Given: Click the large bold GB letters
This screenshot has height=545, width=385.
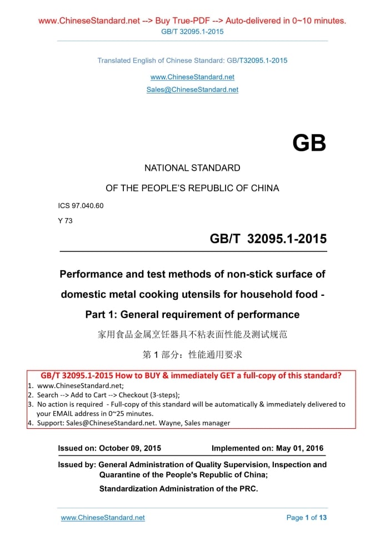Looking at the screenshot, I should tap(309, 143).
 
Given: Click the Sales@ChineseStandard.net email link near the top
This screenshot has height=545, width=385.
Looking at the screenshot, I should tap(192, 90).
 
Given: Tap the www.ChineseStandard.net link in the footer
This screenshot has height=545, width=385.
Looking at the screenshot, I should tap(103, 518).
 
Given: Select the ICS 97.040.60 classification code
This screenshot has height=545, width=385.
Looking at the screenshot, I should tap(81, 206).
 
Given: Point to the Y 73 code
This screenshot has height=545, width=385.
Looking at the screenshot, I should tap(66, 220).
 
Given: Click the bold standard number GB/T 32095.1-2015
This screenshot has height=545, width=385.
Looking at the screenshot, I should tap(268, 239).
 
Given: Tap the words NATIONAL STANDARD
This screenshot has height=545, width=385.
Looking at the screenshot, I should tap(192, 168).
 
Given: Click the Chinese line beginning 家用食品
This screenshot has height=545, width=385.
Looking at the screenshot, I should tap(192, 335).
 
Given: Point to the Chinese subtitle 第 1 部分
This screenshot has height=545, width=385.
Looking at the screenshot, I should tap(192, 355).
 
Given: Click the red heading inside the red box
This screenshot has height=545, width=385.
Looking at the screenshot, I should tap(191, 375).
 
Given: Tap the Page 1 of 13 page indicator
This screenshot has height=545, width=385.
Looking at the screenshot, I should tap(307, 518).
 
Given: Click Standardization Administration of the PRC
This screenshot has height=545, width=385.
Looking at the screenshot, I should tap(179, 489).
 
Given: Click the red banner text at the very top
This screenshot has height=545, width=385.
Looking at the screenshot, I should tap(192, 21).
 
